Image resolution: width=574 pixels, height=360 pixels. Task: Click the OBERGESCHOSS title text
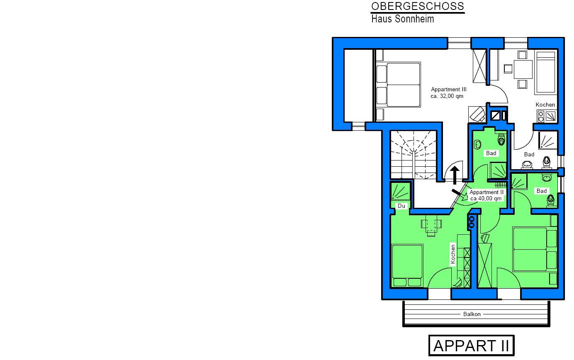[418, 6]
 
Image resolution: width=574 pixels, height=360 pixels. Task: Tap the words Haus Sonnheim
[403, 19]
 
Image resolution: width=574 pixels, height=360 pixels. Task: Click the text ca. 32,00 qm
[447, 96]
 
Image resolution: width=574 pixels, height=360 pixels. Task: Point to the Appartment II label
[486, 192]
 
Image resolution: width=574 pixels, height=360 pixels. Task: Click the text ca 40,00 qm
[486, 199]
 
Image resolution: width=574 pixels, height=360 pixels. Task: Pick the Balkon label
[472, 314]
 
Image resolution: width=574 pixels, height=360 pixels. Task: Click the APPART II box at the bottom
[471, 345]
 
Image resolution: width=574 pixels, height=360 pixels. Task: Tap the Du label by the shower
[401, 206]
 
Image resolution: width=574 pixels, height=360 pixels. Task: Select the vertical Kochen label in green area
[453, 254]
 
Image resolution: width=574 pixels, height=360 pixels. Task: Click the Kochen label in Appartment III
[545, 105]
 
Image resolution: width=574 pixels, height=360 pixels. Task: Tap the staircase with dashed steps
[413, 155]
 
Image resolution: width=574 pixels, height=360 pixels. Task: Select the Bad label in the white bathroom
[529, 155]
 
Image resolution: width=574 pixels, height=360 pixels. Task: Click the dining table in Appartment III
[523, 69]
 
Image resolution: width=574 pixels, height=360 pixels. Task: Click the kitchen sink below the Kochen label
[550, 116]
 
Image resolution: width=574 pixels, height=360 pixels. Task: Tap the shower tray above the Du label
[400, 192]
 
